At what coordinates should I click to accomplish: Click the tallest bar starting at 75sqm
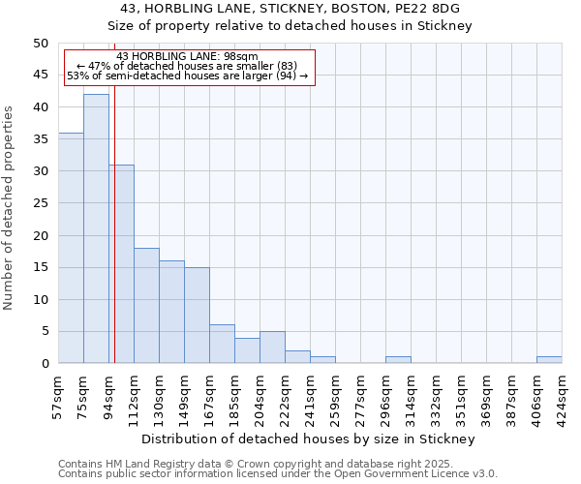tap(96, 228)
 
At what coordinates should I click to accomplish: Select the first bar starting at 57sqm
tap(71, 248)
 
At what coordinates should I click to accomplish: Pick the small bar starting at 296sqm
tap(398, 360)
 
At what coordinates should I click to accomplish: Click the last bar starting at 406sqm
tap(549, 360)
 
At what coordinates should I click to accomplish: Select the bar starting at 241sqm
tap(322, 360)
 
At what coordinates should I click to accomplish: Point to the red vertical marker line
tap(114, 242)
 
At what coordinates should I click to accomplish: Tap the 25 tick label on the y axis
tap(40, 203)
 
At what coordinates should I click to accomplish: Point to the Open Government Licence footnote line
tap(278, 474)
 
